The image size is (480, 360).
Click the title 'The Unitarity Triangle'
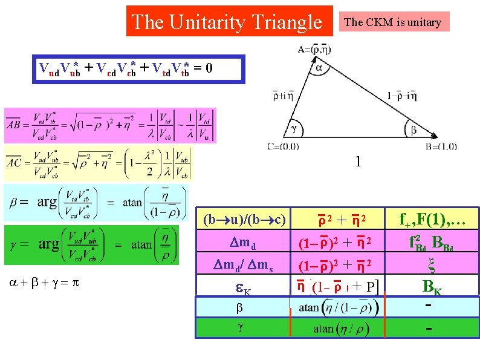click(229, 22)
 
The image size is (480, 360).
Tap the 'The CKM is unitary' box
click(392, 22)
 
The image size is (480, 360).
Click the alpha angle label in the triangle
click(319, 68)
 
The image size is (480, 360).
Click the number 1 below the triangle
click(358, 162)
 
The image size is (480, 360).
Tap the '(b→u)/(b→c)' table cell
click(245, 218)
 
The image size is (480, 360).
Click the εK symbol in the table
click(244, 290)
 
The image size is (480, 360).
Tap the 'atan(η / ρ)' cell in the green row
click(342, 329)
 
